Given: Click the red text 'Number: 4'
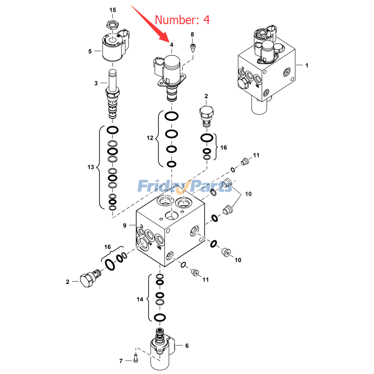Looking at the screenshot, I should click(x=182, y=20).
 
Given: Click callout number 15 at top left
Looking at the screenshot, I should click(x=113, y=10).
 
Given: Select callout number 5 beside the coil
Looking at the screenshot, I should click(x=90, y=51).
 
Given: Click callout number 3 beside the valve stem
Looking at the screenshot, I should click(x=96, y=83).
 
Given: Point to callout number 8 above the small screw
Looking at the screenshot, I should click(x=192, y=35).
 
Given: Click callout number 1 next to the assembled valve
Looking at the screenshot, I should click(x=306, y=66).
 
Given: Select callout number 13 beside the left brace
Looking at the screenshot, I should click(x=91, y=167).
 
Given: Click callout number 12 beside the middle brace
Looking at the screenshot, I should click(x=150, y=138).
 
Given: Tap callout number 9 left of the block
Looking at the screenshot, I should click(x=125, y=226).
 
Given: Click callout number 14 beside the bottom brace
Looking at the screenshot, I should click(x=140, y=299).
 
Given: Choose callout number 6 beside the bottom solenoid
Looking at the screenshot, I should click(x=187, y=346).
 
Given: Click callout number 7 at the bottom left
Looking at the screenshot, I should click(x=120, y=361).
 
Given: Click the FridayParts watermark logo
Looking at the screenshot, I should click(x=186, y=187).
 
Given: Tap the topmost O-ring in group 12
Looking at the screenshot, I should click(x=171, y=116).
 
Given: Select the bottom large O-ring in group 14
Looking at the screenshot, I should click(x=159, y=318).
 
